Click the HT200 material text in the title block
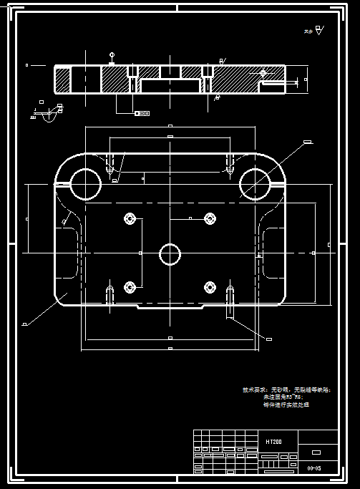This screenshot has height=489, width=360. coord(273,442)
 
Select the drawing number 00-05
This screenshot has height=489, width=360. coord(313,468)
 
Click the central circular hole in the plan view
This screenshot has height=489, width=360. coord(170,253)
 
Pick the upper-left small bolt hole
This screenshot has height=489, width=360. coord(130,218)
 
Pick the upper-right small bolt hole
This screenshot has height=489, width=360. coord(210,218)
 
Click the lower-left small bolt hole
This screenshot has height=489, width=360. coord(130,287)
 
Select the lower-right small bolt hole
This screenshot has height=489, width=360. coord(210,287)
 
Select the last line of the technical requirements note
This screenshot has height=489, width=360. coord(286,405)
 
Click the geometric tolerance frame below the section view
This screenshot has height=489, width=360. coord(142,113)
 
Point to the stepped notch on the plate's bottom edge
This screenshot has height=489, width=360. coord(170,308)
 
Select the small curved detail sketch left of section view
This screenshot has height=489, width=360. coord(48,113)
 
